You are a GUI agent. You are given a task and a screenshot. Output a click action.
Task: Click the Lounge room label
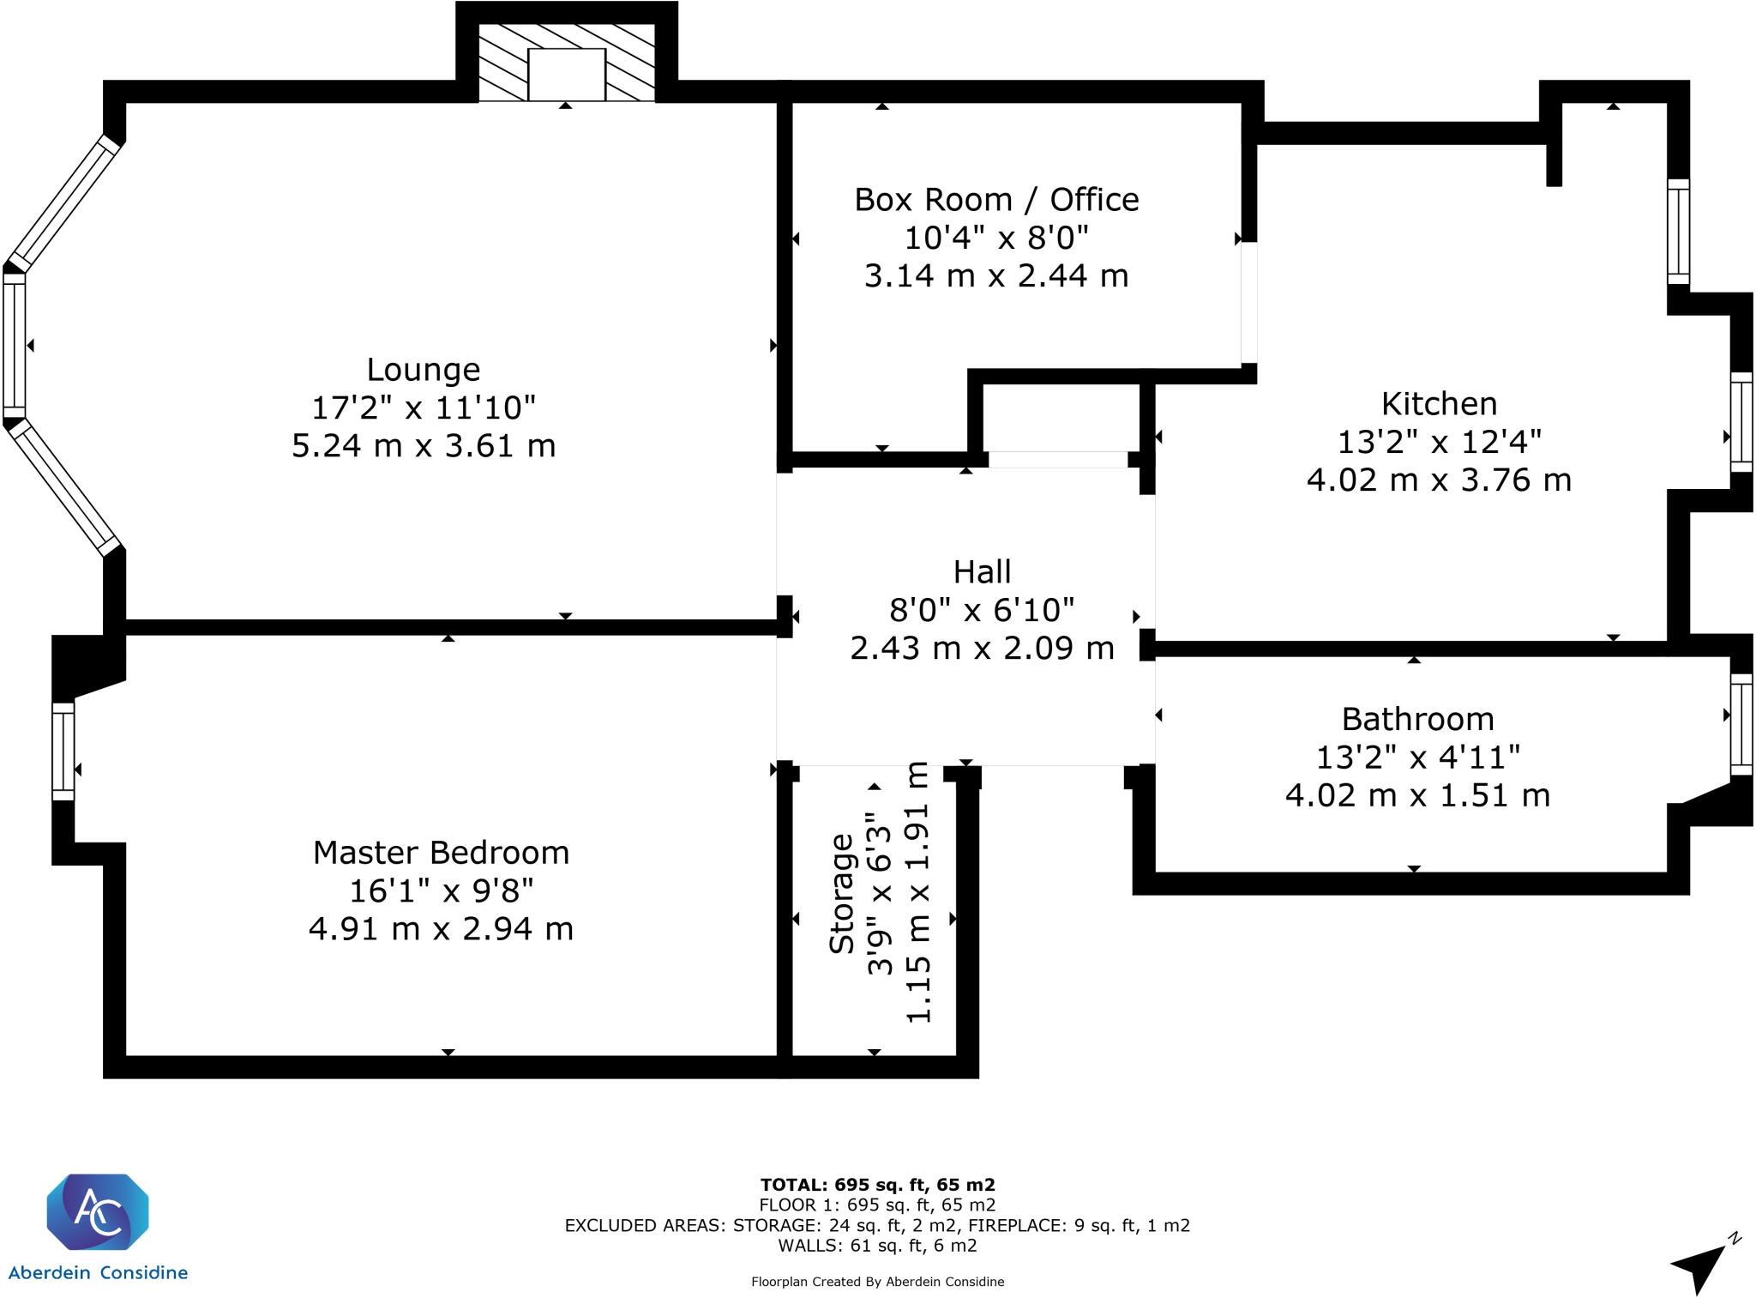click(424, 371)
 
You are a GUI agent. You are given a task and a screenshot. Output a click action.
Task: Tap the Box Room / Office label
click(996, 200)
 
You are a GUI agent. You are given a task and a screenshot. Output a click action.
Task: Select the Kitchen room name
click(1439, 403)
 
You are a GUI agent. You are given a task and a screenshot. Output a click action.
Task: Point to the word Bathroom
click(1417, 719)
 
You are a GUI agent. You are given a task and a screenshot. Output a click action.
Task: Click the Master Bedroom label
click(441, 853)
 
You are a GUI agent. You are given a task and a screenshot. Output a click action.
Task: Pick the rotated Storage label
click(842, 893)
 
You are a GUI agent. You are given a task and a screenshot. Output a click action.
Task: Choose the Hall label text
click(983, 571)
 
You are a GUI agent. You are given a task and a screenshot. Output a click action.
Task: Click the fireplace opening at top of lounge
click(567, 75)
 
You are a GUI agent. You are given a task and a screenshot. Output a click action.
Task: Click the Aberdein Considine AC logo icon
click(97, 1211)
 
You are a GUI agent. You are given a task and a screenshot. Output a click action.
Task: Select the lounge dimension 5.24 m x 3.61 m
click(424, 446)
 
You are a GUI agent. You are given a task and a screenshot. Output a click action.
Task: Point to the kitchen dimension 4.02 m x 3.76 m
click(1439, 480)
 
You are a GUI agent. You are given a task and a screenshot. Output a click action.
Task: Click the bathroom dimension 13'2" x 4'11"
click(1418, 757)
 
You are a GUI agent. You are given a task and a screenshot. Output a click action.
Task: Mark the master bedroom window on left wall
click(63, 752)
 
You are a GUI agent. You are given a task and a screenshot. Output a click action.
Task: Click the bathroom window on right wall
click(1741, 724)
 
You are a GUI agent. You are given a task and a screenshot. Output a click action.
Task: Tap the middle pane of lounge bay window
click(15, 345)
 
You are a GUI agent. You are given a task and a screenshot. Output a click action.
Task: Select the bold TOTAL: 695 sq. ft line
click(877, 1186)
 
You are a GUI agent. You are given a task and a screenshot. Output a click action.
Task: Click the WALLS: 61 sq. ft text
click(877, 1246)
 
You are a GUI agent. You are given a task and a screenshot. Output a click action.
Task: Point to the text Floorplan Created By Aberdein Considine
click(877, 1282)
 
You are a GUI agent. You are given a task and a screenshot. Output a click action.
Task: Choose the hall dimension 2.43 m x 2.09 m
click(983, 648)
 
